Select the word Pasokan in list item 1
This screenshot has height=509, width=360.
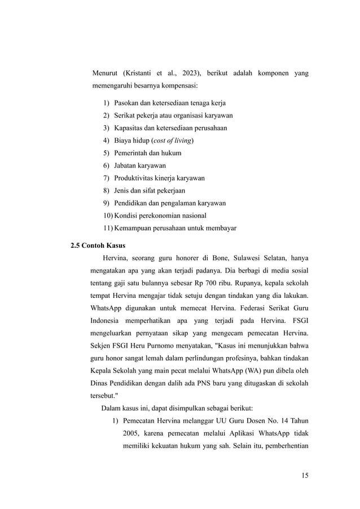128,103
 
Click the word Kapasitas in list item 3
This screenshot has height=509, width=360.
129,128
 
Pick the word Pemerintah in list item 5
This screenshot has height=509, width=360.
132,153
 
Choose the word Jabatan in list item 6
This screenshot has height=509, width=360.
126,165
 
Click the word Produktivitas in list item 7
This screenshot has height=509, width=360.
134,178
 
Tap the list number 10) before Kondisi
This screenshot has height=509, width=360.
107,216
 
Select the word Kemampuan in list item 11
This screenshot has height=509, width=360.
133,228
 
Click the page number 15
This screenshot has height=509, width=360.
305,476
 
